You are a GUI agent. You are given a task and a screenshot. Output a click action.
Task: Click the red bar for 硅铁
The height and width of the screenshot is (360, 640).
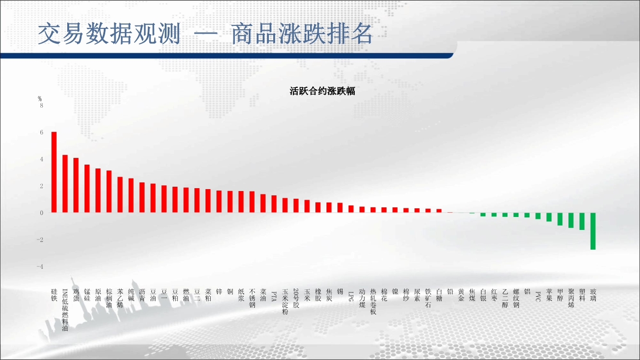click(x=54, y=172)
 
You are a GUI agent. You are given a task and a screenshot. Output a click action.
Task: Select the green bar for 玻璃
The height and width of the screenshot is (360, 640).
click(x=593, y=231)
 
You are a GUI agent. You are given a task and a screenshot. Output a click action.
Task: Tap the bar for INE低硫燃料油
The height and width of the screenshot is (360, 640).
click(x=65, y=184)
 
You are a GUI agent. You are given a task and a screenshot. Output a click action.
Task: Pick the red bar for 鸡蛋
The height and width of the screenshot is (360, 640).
click(x=76, y=185)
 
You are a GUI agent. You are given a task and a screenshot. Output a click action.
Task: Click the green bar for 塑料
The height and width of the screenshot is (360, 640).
click(x=582, y=221)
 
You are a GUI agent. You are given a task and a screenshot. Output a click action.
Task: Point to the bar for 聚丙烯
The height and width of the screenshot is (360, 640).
click(x=571, y=220)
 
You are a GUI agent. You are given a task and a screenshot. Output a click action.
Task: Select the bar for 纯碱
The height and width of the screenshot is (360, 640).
click(x=131, y=195)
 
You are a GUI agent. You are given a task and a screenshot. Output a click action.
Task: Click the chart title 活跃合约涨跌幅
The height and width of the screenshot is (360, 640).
click(x=322, y=91)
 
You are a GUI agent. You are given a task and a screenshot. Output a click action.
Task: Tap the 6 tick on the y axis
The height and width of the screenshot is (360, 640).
click(x=42, y=132)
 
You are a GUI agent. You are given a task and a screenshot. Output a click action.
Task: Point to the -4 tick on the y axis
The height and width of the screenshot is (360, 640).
click(x=40, y=266)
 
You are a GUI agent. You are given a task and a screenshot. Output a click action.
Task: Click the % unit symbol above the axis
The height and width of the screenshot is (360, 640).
click(x=40, y=98)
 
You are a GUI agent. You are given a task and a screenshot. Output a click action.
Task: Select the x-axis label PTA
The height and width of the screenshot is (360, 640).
click(x=274, y=296)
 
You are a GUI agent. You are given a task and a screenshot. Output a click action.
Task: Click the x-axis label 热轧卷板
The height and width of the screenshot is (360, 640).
click(x=373, y=301)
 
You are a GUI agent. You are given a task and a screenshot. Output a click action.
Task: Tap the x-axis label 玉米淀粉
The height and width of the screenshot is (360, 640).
click(x=285, y=301)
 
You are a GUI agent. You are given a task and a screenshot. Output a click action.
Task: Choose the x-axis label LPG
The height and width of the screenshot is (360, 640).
click(x=351, y=296)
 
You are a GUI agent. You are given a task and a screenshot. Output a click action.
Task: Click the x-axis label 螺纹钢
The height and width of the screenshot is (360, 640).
click(x=516, y=298)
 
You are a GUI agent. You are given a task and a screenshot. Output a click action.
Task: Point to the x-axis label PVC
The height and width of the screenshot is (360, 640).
click(x=538, y=296)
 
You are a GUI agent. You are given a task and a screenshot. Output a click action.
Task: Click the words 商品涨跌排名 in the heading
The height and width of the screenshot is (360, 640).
click(x=302, y=34)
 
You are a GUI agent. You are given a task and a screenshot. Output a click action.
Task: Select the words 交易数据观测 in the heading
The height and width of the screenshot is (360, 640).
click(x=109, y=34)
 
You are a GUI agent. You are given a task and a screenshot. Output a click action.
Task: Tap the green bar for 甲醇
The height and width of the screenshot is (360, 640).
click(x=560, y=219)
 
